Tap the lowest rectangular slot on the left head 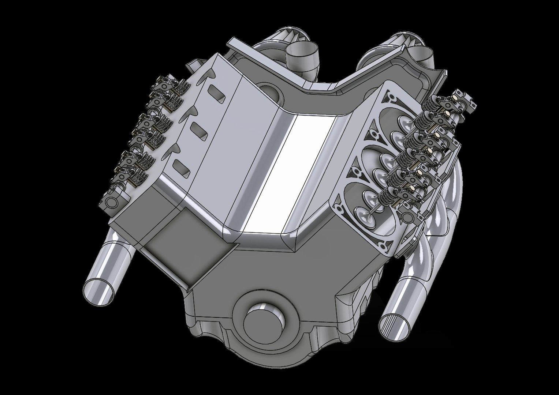[x=182, y=167]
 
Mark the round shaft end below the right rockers [x=406, y=218]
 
